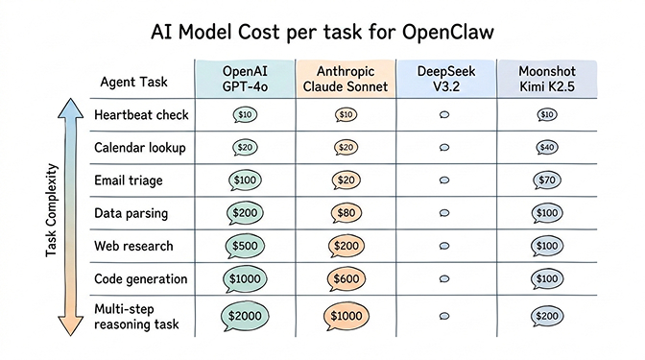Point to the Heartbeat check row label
point(140,115)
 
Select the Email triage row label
point(129,180)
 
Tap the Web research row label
point(135,246)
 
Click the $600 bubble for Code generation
point(346,278)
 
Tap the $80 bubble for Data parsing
point(346,213)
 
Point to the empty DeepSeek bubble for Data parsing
point(443,213)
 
